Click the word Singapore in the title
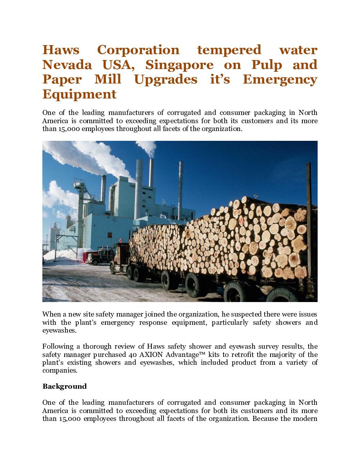[x=180, y=65]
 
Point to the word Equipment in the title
[x=79, y=94]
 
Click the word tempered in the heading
[x=229, y=50]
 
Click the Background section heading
[x=64, y=386]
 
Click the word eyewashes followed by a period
[x=59, y=331]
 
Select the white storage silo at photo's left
[x=55, y=235]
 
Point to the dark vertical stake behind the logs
[x=309, y=220]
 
